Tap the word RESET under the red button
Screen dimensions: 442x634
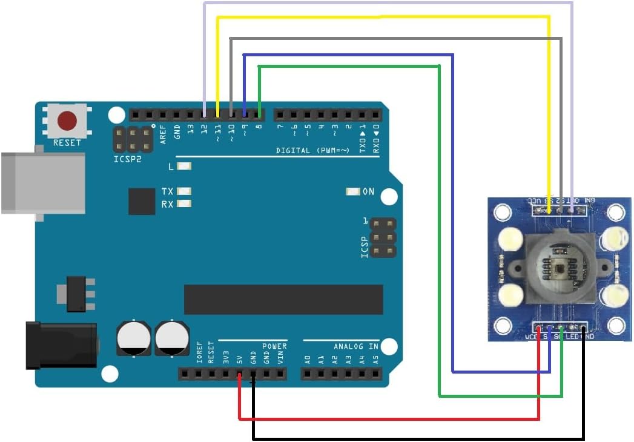[67, 143]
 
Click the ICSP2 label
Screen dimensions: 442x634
[128, 159]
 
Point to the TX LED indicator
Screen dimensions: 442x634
[186, 191]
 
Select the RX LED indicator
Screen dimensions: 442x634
[186, 204]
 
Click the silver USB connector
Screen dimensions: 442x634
[42, 183]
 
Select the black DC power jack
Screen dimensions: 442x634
[61, 346]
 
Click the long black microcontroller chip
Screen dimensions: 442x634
[283, 299]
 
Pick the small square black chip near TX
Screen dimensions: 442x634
[142, 201]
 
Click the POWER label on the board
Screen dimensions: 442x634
[274, 346]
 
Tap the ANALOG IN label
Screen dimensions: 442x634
[356, 346]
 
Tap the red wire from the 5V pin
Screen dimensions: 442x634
[388, 418]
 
